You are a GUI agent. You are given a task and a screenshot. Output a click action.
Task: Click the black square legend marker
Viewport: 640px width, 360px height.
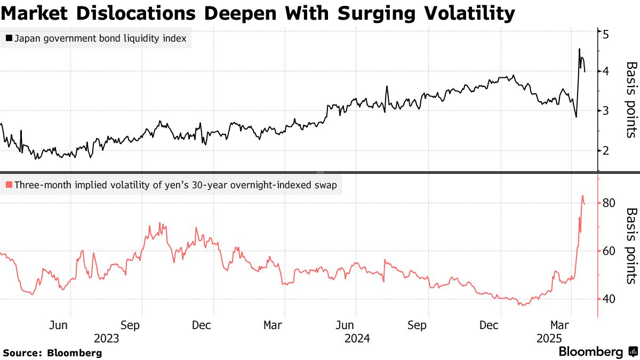point(9,39)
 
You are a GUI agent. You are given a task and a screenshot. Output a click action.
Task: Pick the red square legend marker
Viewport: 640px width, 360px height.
point(9,186)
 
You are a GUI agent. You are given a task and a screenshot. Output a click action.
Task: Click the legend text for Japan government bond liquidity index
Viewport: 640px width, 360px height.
point(100,39)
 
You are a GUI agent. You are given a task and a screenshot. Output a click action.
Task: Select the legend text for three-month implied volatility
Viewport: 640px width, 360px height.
point(176,186)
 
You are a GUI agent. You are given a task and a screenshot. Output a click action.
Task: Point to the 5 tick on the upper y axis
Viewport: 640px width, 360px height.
point(605,34)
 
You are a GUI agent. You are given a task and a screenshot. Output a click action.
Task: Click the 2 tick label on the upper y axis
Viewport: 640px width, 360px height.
point(605,150)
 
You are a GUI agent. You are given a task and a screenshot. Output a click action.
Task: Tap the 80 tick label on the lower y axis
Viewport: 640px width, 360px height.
point(609,203)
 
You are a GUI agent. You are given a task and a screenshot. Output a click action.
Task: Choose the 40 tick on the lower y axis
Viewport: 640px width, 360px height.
point(609,299)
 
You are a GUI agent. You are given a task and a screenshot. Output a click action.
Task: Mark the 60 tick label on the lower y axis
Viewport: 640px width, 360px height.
point(609,251)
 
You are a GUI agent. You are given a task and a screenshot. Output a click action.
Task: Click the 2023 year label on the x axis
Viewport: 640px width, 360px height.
point(106,338)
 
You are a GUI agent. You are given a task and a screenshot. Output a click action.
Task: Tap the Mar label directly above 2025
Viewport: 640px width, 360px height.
point(559,325)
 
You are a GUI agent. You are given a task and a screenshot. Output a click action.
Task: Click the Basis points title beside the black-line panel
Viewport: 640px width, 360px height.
point(631,100)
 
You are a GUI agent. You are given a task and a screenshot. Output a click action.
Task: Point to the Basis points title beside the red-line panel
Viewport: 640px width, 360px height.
point(631,246)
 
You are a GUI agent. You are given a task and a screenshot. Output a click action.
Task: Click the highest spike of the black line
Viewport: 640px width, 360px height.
point(579,49)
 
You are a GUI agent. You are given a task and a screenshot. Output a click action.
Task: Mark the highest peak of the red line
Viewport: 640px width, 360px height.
point(582,196)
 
